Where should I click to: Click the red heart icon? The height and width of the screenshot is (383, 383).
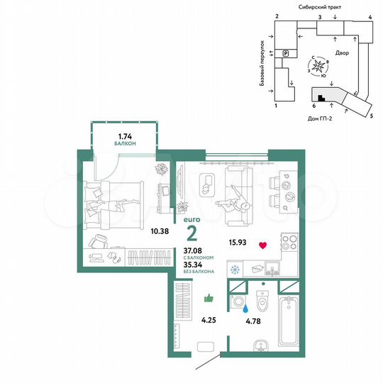pos(262,245)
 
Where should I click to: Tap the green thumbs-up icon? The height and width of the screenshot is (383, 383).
pos(209,299)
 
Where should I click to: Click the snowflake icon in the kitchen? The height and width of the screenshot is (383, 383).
pos(235,270)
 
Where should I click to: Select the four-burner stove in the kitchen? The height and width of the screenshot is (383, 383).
pos(289,245)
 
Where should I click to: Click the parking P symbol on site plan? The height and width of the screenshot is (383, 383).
pos(286,53)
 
